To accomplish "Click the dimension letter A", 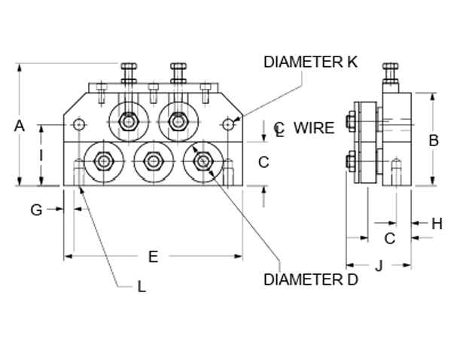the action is (x=19, y=126).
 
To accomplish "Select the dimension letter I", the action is (x=41, y=155).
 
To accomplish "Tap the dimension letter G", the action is (x=36, y=210).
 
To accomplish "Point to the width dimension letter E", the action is (x=154, y=257).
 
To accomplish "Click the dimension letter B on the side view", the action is (x=434, y=141).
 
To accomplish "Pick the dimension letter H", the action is (x=437, y=224).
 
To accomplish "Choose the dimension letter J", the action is (x=379, y=266).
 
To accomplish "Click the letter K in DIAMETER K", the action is (x=352, y=62).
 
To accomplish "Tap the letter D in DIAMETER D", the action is (x=352, y=279).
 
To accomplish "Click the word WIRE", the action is (x=314, y=128).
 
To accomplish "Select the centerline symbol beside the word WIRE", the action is (x=279, y=130).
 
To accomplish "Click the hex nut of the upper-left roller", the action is (x=129, y=121).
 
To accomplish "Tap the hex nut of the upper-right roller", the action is (x=178, y=121).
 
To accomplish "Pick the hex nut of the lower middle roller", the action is (x=154, y=161).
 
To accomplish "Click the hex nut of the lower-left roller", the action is (x=104, y=161).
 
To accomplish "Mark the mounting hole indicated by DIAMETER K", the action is (x=228, y=124).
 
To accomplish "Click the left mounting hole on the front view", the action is (x=79, y=124).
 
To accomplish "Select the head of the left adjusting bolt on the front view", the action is (x=129, y=66).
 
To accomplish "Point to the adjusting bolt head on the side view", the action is (x=391, y=66).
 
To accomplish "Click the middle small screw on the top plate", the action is (x=154, y=87).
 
